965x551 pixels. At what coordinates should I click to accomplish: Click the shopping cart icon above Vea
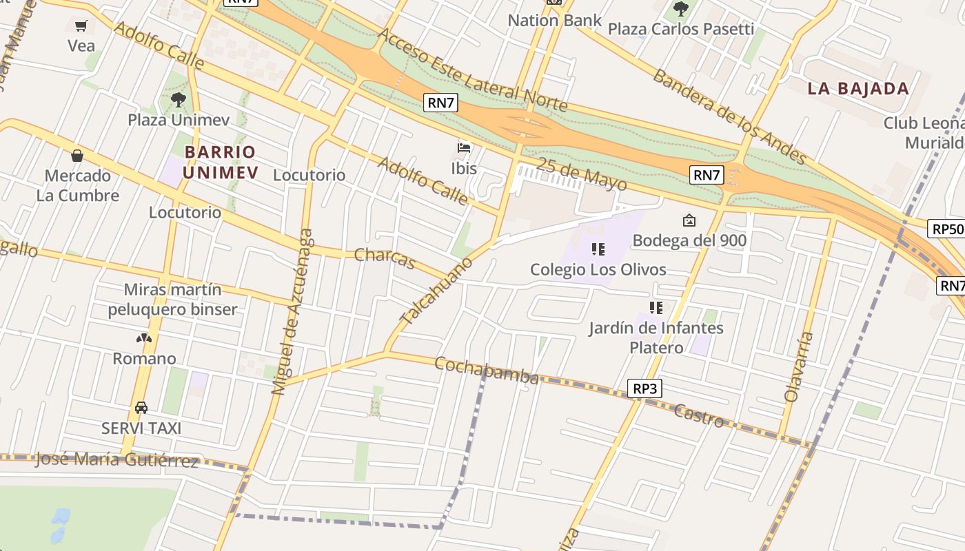(81, 26)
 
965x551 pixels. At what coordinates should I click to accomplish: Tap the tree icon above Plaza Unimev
(179, 100)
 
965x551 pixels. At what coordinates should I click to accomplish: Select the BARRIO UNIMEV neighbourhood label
(221, 162)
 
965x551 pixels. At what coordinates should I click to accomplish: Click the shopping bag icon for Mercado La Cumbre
(77, 156)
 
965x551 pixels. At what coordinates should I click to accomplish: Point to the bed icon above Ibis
(465, 147)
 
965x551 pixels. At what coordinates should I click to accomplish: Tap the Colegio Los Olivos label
(598, 269)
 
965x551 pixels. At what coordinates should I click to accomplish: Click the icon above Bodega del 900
(689, 220)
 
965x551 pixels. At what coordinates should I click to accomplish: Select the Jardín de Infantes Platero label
(656, 337)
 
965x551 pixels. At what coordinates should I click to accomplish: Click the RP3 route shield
(645, 389)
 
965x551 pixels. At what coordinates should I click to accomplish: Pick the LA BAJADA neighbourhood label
(858, 88)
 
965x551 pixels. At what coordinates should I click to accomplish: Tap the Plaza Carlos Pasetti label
(680, 29)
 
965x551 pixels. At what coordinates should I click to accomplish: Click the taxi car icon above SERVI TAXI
(141, 408)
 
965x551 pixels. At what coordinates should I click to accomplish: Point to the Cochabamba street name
(486, 371)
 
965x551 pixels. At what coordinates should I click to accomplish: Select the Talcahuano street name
(437, 291)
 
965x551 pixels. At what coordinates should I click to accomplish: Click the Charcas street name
(385, 258)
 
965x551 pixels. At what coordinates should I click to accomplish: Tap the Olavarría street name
(800, 367)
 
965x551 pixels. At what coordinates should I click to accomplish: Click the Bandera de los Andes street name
(729, 116)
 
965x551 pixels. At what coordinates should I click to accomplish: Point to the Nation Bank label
(554, 20)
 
